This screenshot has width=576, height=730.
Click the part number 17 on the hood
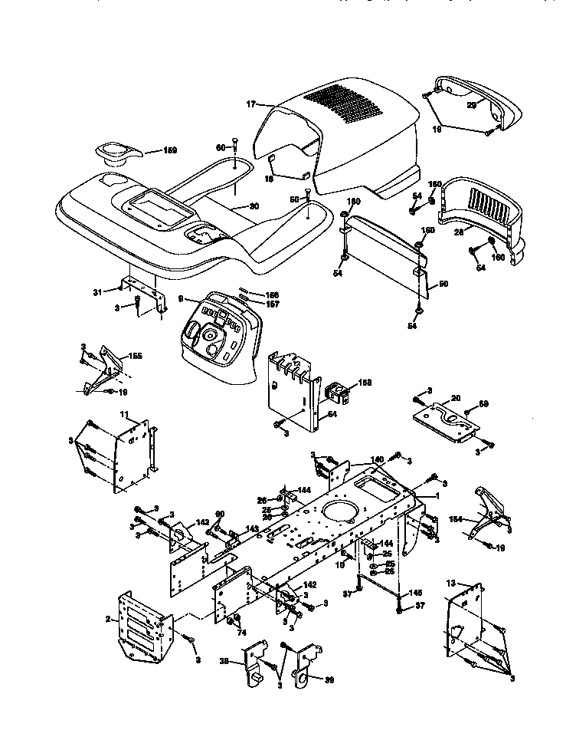tap(250, 104)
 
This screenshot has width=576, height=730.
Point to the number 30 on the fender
tap(254, 206)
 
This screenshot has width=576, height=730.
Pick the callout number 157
tap(250, 304)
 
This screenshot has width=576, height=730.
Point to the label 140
tap(377, 460)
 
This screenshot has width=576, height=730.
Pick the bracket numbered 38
tap(252, 661)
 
